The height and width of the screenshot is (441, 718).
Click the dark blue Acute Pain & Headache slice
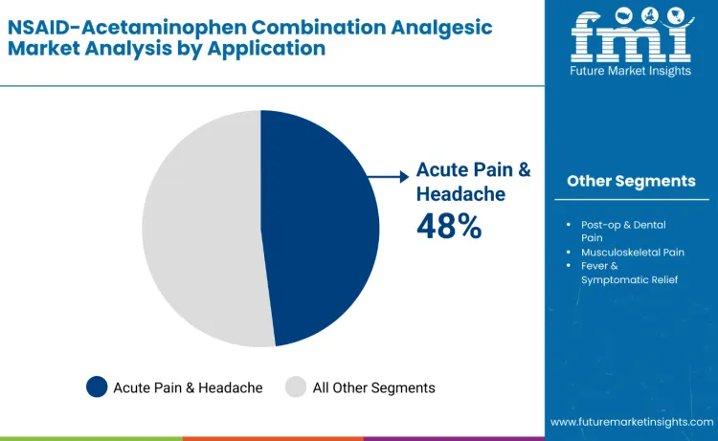click(x=321, y=230)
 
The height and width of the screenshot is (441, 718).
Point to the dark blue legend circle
click(x=97, y=386)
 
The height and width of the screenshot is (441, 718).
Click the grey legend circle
click(x=296, y=386)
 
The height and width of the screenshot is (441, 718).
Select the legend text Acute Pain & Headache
click(x=188, y=387)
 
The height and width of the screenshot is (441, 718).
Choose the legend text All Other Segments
click(x=373, y=387)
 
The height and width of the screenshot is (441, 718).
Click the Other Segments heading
click(x=631, y=181)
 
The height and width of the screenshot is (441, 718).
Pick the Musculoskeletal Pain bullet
click(x=632, y=252)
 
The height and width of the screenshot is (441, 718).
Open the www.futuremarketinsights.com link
click(x=631, y=421)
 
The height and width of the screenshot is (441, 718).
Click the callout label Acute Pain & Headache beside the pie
click(x=473, y=182)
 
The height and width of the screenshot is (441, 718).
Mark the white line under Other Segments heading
click(x=631, y=199)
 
